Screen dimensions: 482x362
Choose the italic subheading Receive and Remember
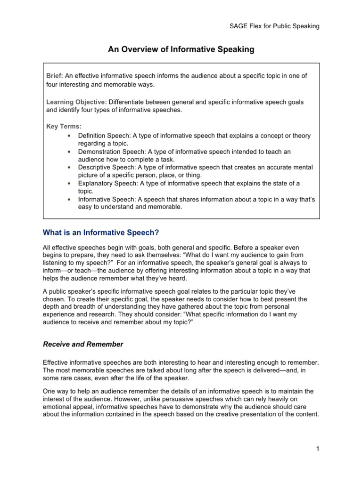(x=83, y=344)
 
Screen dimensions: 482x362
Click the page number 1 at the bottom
(x=318, y=449)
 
